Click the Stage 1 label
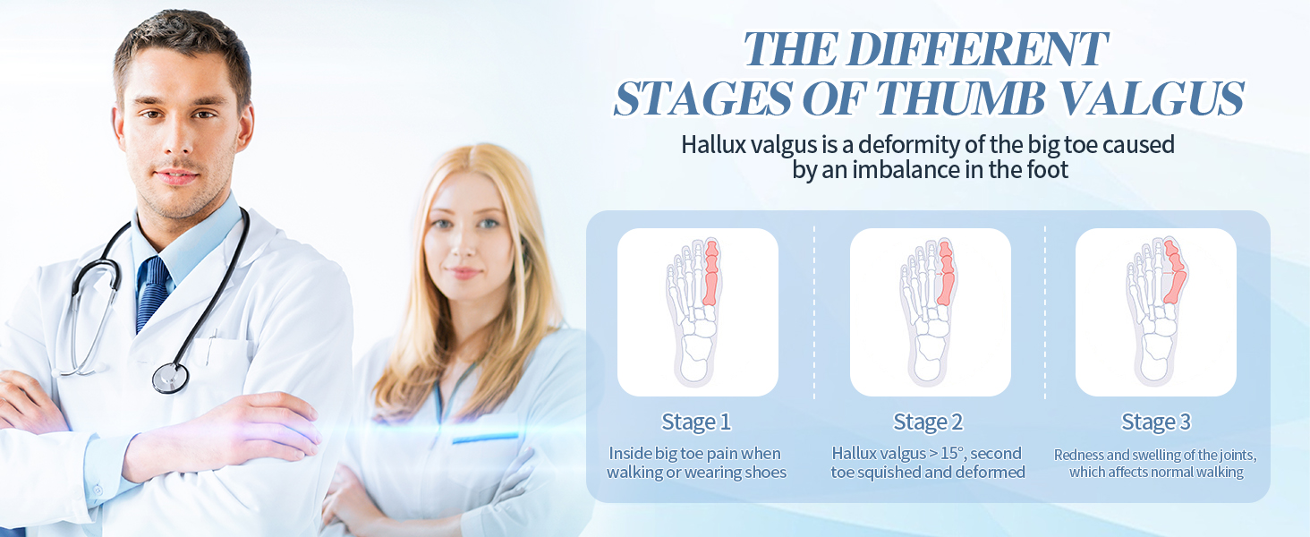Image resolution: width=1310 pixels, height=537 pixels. coord(696,422)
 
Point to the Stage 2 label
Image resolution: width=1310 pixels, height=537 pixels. coord(928,422)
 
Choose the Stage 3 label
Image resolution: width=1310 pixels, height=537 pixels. coord(1155,422)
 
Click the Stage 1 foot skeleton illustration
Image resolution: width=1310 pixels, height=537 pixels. coord(694,311)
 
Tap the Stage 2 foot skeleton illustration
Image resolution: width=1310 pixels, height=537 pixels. coord(928,311)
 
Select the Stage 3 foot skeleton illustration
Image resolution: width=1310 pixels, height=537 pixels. coord(1156,311)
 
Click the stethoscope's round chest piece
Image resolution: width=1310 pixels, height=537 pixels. coord(170,378)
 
